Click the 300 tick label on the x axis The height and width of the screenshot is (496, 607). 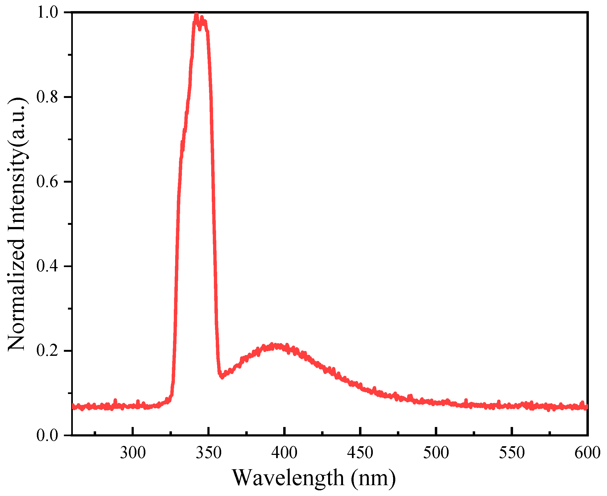click(133, 453)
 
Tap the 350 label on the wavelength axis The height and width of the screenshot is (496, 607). click(209, 453)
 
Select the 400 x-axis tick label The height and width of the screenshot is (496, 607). click(285, 453)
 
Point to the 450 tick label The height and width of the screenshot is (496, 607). click(360, 453)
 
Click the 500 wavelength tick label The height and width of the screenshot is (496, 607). click(436, 453)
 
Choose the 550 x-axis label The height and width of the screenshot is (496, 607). click(512, 453)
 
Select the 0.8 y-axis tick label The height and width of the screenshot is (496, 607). click(47, 97)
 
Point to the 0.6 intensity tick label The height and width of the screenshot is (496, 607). click(47, 182)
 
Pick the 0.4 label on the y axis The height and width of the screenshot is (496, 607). click(47, 266)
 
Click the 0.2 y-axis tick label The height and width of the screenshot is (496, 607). click(47, 351)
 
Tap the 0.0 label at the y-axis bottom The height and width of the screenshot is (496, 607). click(47, 435)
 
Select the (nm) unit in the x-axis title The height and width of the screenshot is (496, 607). click(373, 478)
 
